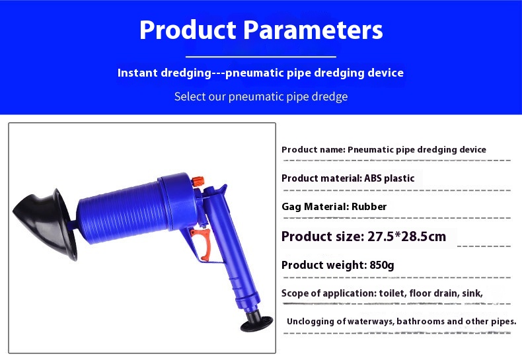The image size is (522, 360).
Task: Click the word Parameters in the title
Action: tap(313, 30)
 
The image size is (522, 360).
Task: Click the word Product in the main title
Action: tap(188, 30)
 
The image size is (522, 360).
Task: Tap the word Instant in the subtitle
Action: tap(137, 73)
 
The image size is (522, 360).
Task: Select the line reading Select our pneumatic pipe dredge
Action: tap(261, 96)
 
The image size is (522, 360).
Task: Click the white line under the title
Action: tap(260, 57)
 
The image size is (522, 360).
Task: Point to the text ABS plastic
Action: tap(389, 178)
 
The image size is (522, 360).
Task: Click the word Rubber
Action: tap(369, 207)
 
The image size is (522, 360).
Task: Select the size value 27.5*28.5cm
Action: tap(406, 236)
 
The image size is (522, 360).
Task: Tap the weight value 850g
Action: tap(381, 265)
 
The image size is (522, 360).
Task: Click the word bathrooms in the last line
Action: tap(420, 322)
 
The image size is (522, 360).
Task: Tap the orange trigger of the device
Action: tap(203, 243)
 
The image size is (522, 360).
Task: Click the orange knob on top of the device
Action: tap(198, 182)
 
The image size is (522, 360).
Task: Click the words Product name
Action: tap(313, 150)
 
